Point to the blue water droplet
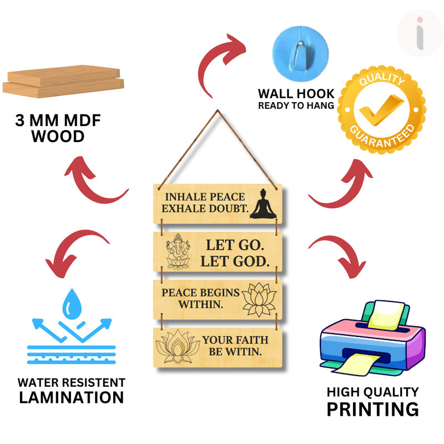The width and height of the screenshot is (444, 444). click(x=72, y=302)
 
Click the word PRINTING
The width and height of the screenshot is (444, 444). click(x=372, y=410)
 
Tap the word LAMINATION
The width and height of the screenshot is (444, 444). click(x=71, y=397)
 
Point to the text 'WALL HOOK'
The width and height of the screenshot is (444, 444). click(x=296, y=93)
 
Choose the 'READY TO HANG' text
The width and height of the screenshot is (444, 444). click(x=296, y=105)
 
